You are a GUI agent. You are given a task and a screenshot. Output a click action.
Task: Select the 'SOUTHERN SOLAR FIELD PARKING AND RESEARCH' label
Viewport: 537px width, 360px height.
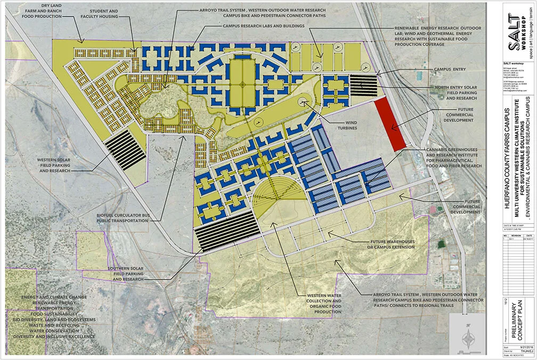tap(128, 274)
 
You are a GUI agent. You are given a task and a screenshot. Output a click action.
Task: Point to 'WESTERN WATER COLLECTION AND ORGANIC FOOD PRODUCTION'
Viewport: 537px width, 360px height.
tap(324, 304)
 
